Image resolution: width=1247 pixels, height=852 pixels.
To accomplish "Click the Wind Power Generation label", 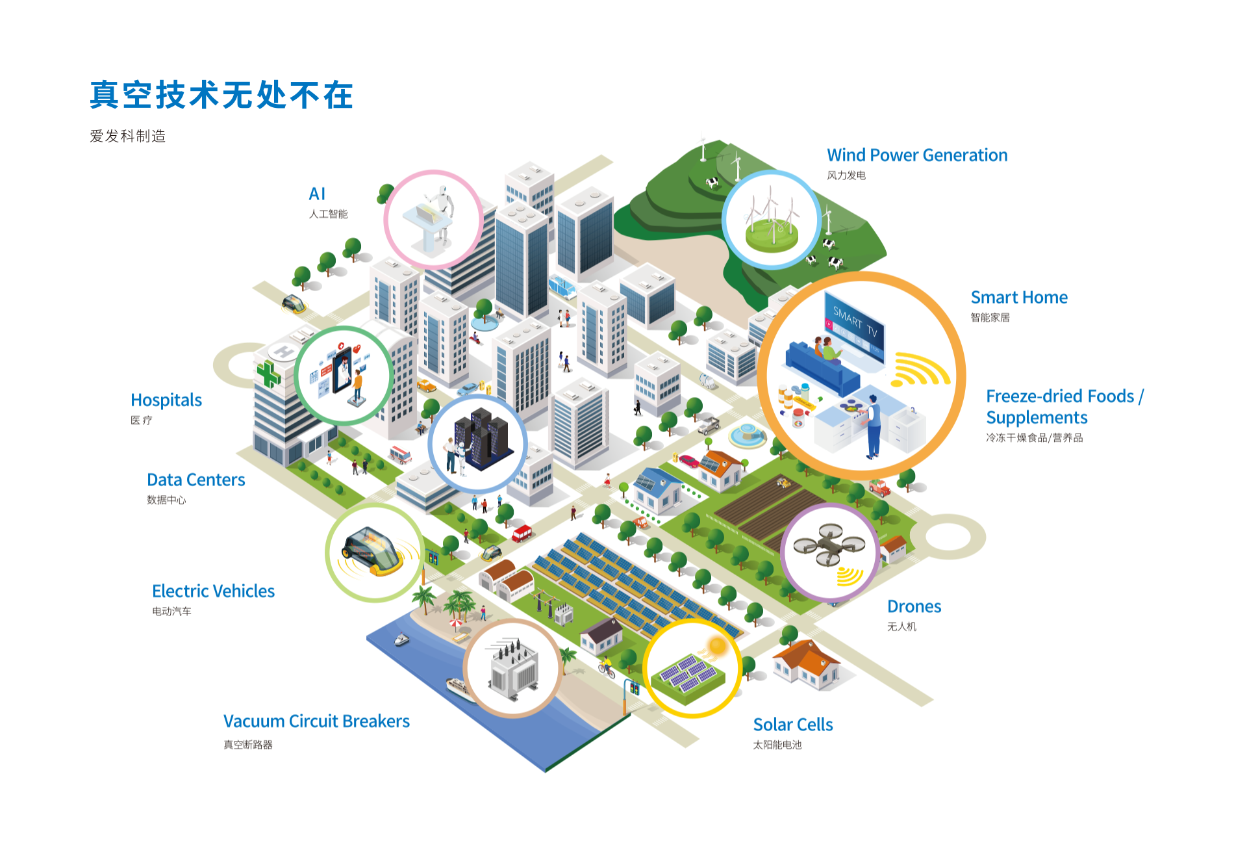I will pyautogui.click(x=916, y=155).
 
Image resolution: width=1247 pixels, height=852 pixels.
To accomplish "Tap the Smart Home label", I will pyautogui.click(x=1018, y=298).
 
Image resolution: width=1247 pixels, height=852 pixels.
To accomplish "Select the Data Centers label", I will pyautogui.click(x=195, y=480).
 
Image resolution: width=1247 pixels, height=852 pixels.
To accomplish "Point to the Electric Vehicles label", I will pyautogui.click(x=213, y=591).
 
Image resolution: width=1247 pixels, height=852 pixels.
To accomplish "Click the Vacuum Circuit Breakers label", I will pyautogui.click(x=316, y=721).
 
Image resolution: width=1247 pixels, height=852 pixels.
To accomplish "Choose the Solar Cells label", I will pyautogui.click(x=792, y=725).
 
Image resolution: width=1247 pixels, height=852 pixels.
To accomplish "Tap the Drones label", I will pyautogui.click(x=914, y=607).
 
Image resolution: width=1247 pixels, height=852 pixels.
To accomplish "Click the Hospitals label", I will pyautogui.click(x=166, y=400).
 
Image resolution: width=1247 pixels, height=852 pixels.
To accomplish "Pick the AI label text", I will pyautogui.click(x=317, y=194).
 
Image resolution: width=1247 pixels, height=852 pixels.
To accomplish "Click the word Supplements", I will pyautogui.click(x=1037, y=418).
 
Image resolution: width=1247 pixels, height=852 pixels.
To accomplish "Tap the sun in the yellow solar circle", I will pyautogui.click(x=717, y=646).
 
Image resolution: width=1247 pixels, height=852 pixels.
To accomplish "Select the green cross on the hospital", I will pyautogui.click(x=268, y=374).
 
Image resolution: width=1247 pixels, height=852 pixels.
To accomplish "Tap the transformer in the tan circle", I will pyautogui.click(x=514, y=669).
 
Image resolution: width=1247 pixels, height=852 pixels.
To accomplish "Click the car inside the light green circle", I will pyautogui.click(x=373, y=551).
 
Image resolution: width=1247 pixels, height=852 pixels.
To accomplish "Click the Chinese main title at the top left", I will pyautogui.click(x=221, y=96).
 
